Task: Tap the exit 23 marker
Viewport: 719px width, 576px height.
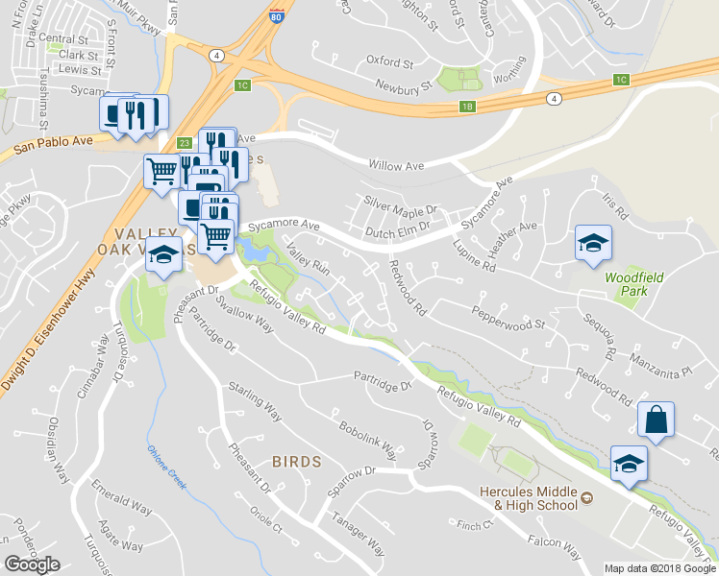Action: (185, 143)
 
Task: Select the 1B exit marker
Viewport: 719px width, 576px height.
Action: (468, 107)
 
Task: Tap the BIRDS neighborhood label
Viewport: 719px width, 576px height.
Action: (296, 462)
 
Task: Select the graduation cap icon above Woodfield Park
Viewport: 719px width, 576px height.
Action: (593, 242)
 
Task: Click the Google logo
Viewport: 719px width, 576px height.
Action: (32, 564)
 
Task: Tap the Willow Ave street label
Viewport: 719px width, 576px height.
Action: (401, 165)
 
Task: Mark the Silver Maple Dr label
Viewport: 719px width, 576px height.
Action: (400, 205)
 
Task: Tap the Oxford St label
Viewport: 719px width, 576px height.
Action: (389, 60)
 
